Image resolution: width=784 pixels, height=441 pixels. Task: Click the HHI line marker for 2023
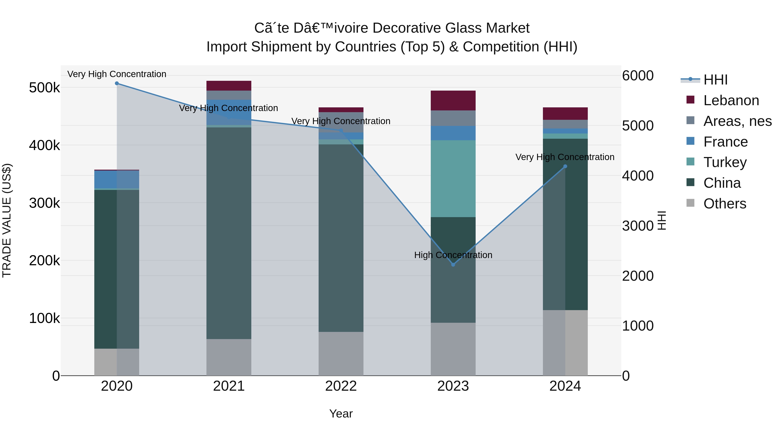click(453, 264)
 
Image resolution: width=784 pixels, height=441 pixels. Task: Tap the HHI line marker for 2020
click(117, 83)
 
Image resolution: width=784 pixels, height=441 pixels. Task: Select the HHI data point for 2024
click(565, 166)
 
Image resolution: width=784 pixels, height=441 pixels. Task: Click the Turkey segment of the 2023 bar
click(453, 179)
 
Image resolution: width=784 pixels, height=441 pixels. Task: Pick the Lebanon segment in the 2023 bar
click(453, 100)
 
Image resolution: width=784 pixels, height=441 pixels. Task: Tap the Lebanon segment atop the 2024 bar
click(565, 113)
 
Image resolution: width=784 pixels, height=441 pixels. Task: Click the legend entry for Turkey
click(725, 162)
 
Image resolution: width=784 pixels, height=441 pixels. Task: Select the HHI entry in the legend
click(715, 80)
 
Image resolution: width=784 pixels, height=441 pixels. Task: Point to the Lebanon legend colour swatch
click(691, 100)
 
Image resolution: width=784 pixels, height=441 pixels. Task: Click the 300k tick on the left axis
click(44, 203)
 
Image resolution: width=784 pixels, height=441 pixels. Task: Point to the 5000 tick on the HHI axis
click(638, 126)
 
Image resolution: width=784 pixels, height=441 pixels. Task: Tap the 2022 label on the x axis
click(341, 386)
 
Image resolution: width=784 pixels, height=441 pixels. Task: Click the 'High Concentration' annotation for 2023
click(453, 255)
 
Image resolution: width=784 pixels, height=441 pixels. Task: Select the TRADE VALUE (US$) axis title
click(7, 220)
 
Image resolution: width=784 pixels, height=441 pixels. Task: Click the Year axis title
click(341, 414)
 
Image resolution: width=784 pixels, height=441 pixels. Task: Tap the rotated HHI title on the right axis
click(661, 220)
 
